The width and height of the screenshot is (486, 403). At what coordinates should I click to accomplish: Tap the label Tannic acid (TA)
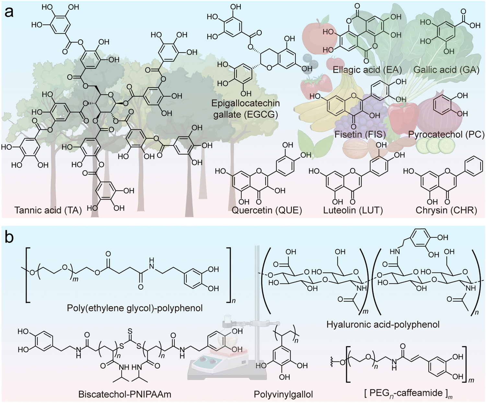pyautogui.click(x=48, y=210)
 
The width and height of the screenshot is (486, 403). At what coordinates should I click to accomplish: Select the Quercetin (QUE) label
pyautogui.click(x=267, y=210)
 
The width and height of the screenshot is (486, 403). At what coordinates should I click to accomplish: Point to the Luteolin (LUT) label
pyautogui.click(x=353, y=210)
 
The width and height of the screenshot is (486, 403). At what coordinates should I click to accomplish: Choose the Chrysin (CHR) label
pyautogui.click(x=446, y=210)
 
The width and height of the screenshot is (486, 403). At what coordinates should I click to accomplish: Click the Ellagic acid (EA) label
pyautogui.click(x=367, y=70)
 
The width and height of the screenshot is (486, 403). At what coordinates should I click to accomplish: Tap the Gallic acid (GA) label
pyautogui.click(x=446, y=70)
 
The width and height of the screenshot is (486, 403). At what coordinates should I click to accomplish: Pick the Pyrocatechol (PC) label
pyautogui.click(x=446, y=134)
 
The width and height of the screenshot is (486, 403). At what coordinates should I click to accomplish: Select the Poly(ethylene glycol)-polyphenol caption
pyautogui.click(x=135, y=308)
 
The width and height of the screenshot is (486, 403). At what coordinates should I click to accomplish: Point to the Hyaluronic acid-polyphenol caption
pyautogui.click(x=383, y=324)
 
